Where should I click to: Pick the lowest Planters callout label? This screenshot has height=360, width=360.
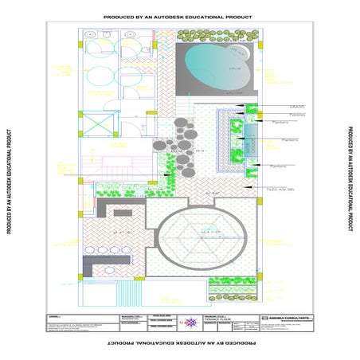pyautogui.click(x=277, y=166)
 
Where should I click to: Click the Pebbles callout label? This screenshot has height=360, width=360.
pyautogui.click(x=276, y=115)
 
